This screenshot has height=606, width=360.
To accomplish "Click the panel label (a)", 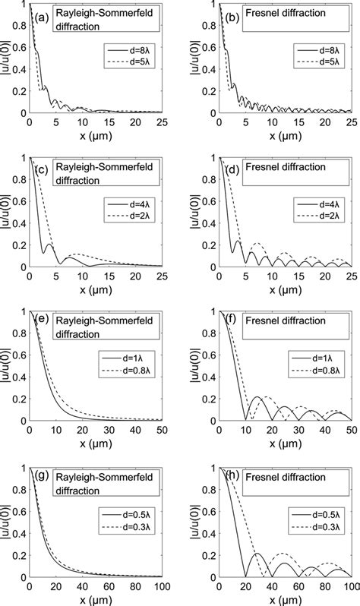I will (x=41, y=13).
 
